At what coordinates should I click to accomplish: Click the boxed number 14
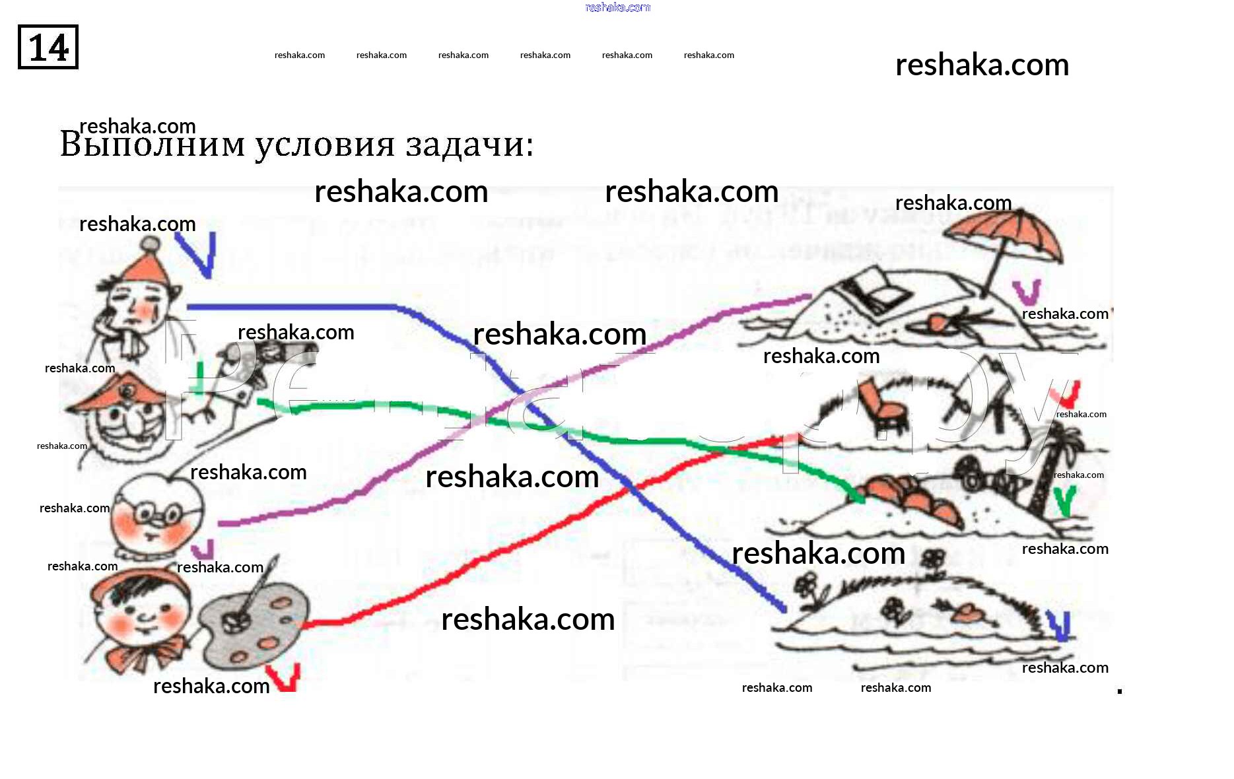click(48, 47)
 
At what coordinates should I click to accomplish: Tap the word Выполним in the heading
click(153, 145)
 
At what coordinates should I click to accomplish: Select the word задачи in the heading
click(469, 145)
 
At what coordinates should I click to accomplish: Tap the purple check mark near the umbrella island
click(1027, 292)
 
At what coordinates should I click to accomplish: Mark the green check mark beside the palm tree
click(1064, 502)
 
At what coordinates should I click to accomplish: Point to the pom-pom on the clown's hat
click(151, 244)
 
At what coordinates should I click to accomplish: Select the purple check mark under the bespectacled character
click(204, 549)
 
